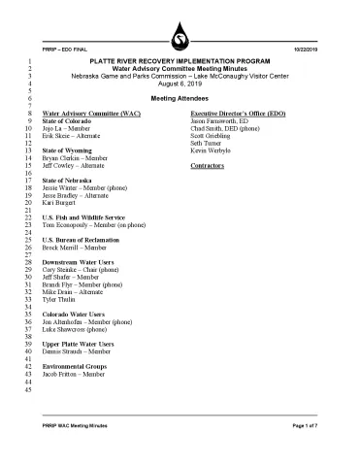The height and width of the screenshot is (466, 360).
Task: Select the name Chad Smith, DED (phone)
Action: [230, 130]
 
